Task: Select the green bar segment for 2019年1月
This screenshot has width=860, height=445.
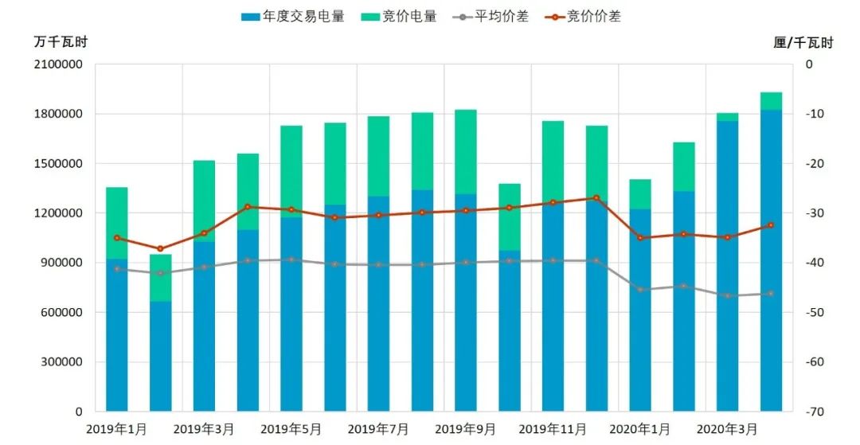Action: click(x=117, y=223)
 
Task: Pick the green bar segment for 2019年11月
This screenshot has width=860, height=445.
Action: click(x=553, y=162)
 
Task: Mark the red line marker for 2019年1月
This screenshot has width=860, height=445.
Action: click(x=117, y=238)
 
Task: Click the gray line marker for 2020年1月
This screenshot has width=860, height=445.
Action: click(x=640, y=290)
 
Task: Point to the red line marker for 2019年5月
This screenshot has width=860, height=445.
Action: click(x=291, y=210)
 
